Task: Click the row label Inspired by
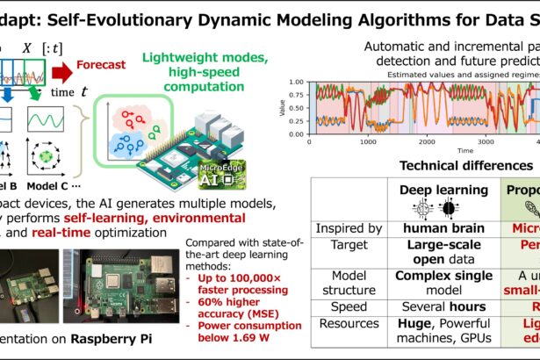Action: pyautogui.click(x=347, y=228)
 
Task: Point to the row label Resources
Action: pyautogui.click(x=347, y=328)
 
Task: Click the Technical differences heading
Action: pyautogui.click(x=465, y=166)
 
